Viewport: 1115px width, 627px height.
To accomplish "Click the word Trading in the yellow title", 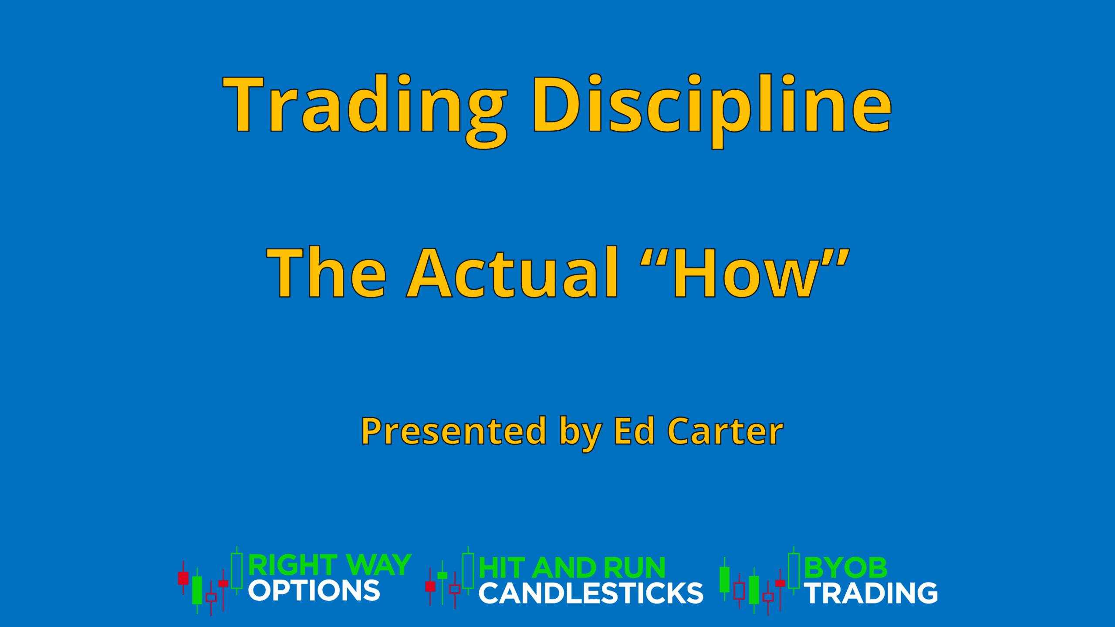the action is click(x=365, y=111).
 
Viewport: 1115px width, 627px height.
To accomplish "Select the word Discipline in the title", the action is click(x=712, y=111).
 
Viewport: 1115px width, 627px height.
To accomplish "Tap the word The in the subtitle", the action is click(x=326, y=272).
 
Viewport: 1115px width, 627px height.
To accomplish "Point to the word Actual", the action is click(x=512, y=272).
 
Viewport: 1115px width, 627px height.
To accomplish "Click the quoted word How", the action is click(x=745, y=272).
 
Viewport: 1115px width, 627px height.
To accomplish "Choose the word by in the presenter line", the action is click(x=581, y=433).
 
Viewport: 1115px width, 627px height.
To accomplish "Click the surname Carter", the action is click(x=725, y=431).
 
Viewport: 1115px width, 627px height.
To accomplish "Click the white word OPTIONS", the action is click(x=314, y=590).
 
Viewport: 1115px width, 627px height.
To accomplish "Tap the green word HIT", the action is click(x=501, y=568).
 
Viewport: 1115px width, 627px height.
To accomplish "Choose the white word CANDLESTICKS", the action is click(x=591, y=593).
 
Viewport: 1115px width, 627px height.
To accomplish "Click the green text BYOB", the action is click(x=845, y=568).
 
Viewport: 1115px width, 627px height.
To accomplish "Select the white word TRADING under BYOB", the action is click(x=871, y=593).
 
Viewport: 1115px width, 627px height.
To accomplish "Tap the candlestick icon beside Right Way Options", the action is click(x=210, y=581).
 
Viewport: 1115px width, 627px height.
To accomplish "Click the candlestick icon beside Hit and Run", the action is click(x=449, y=578).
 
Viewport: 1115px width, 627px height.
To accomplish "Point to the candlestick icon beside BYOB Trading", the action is click(x=760, y=581).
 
